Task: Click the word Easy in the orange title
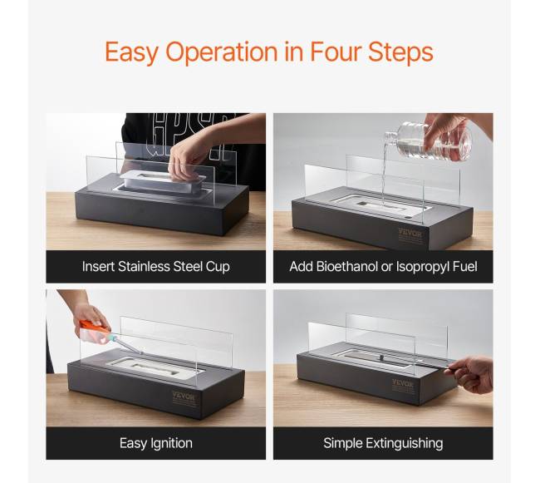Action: [132, 52]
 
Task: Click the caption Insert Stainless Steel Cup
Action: [155, 267]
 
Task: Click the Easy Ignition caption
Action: [155, 443]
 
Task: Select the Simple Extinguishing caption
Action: [383, 443]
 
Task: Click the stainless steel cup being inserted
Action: [162, 181]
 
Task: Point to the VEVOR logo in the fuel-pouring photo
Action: [410, 234]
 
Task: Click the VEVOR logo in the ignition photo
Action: [184, 397]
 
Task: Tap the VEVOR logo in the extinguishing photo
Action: [403, 383]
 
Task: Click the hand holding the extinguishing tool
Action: [472, 374]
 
